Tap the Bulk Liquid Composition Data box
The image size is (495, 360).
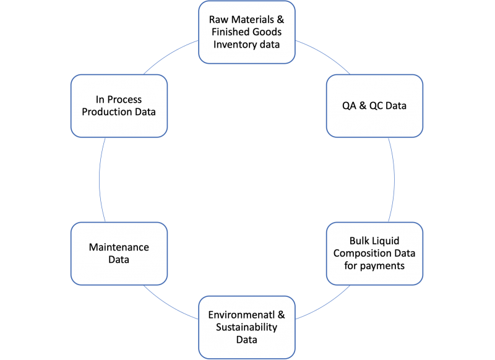374,254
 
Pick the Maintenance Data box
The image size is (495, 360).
119,254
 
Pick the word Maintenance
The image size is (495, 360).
119,247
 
